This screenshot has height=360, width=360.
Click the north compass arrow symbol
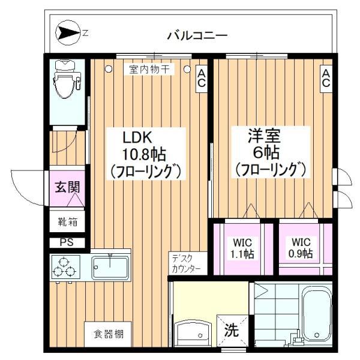(68, 34)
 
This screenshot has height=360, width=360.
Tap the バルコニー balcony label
(197, 36)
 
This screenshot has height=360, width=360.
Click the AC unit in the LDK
(202, 79)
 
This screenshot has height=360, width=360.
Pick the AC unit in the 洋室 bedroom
(326, 79)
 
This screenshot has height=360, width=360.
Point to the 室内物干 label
(149, 70)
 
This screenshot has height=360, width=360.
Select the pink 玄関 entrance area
(67, 188)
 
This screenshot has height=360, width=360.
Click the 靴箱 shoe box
(67, 221)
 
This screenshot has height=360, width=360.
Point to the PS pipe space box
(67, 242)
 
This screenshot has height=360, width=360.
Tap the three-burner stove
(65, 267)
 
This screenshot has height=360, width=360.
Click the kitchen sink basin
(110, 267)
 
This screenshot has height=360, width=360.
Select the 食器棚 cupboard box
(108, 334)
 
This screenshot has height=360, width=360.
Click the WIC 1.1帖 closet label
(242, 248)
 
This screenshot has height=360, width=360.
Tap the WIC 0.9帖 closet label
(301, 248)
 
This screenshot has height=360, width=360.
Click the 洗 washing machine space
(232, 331)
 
